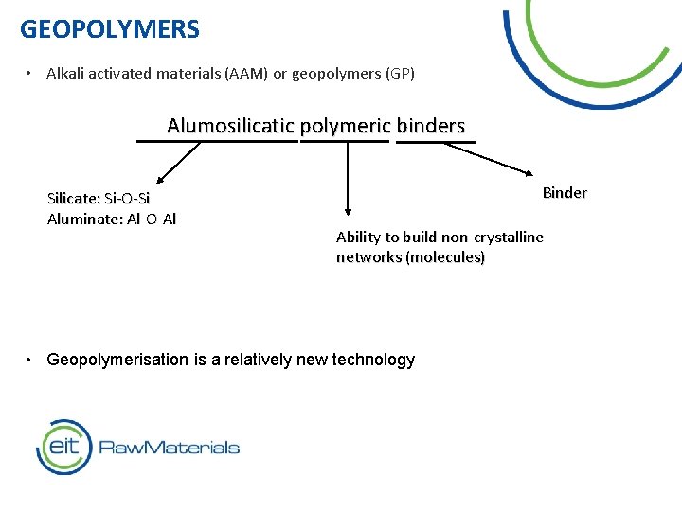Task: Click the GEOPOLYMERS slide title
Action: [110, 29]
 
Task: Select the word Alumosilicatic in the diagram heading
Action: [231, 126]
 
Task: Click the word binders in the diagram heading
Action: [431, 126]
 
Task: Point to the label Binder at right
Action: [565, 193]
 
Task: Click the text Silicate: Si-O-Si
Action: [99, 199]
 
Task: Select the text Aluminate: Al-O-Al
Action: [112, 219]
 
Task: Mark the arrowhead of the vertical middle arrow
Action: [348, 212]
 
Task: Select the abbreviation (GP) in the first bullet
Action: [400, 74]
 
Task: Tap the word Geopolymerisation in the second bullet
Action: [112, 360]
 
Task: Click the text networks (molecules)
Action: [410, 257]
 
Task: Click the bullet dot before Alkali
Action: [31, 74]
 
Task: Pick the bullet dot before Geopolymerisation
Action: [31, 360]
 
